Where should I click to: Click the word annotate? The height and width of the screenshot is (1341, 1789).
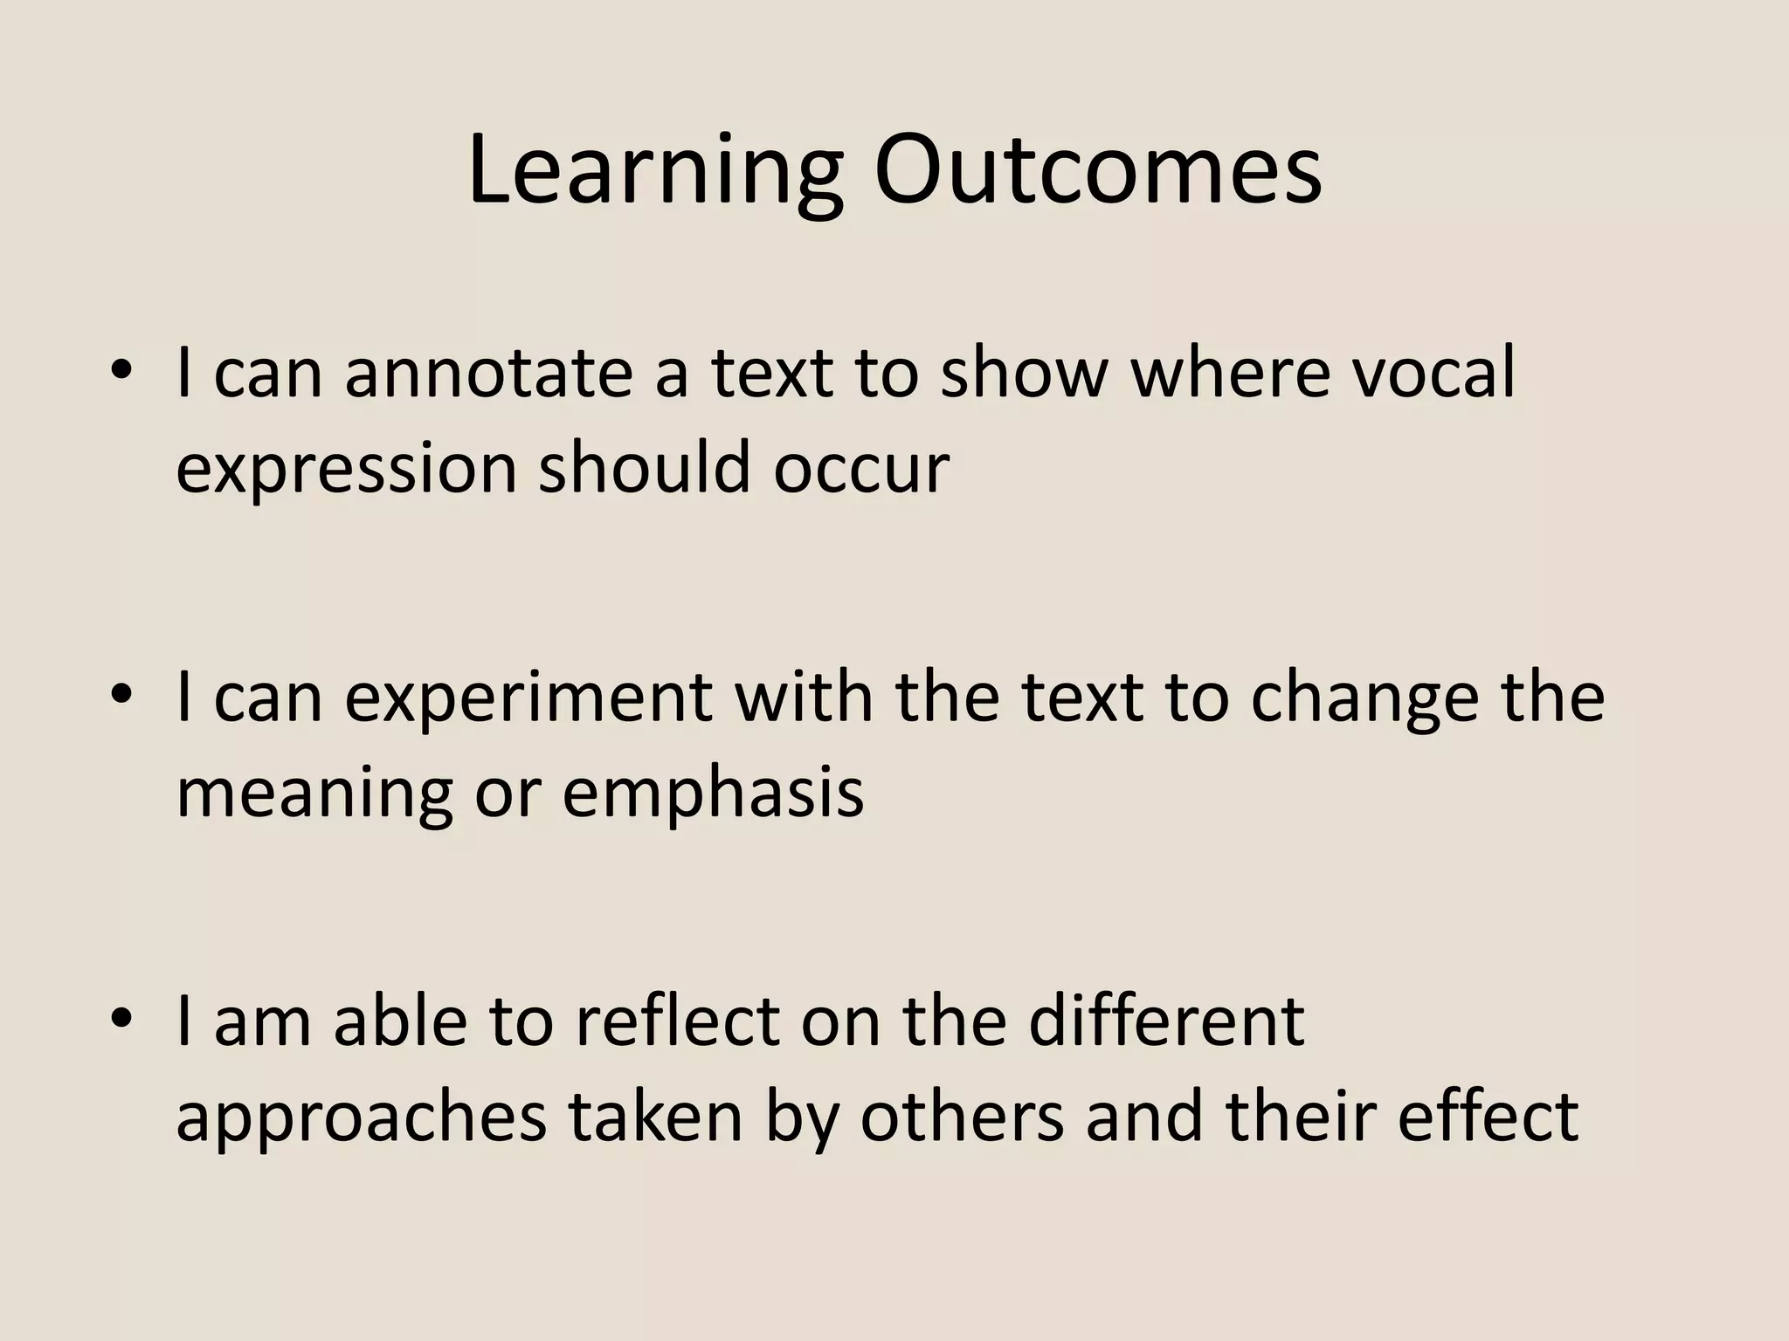pyautogui.click(x=488, y=374)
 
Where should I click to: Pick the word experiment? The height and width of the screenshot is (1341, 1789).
pyautogui.click(x=528, y=698)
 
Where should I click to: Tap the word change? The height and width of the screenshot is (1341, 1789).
pyautogui.click(x=1364, y=698)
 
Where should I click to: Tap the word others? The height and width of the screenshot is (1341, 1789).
pyautogui.click(x=962, y=1117)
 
